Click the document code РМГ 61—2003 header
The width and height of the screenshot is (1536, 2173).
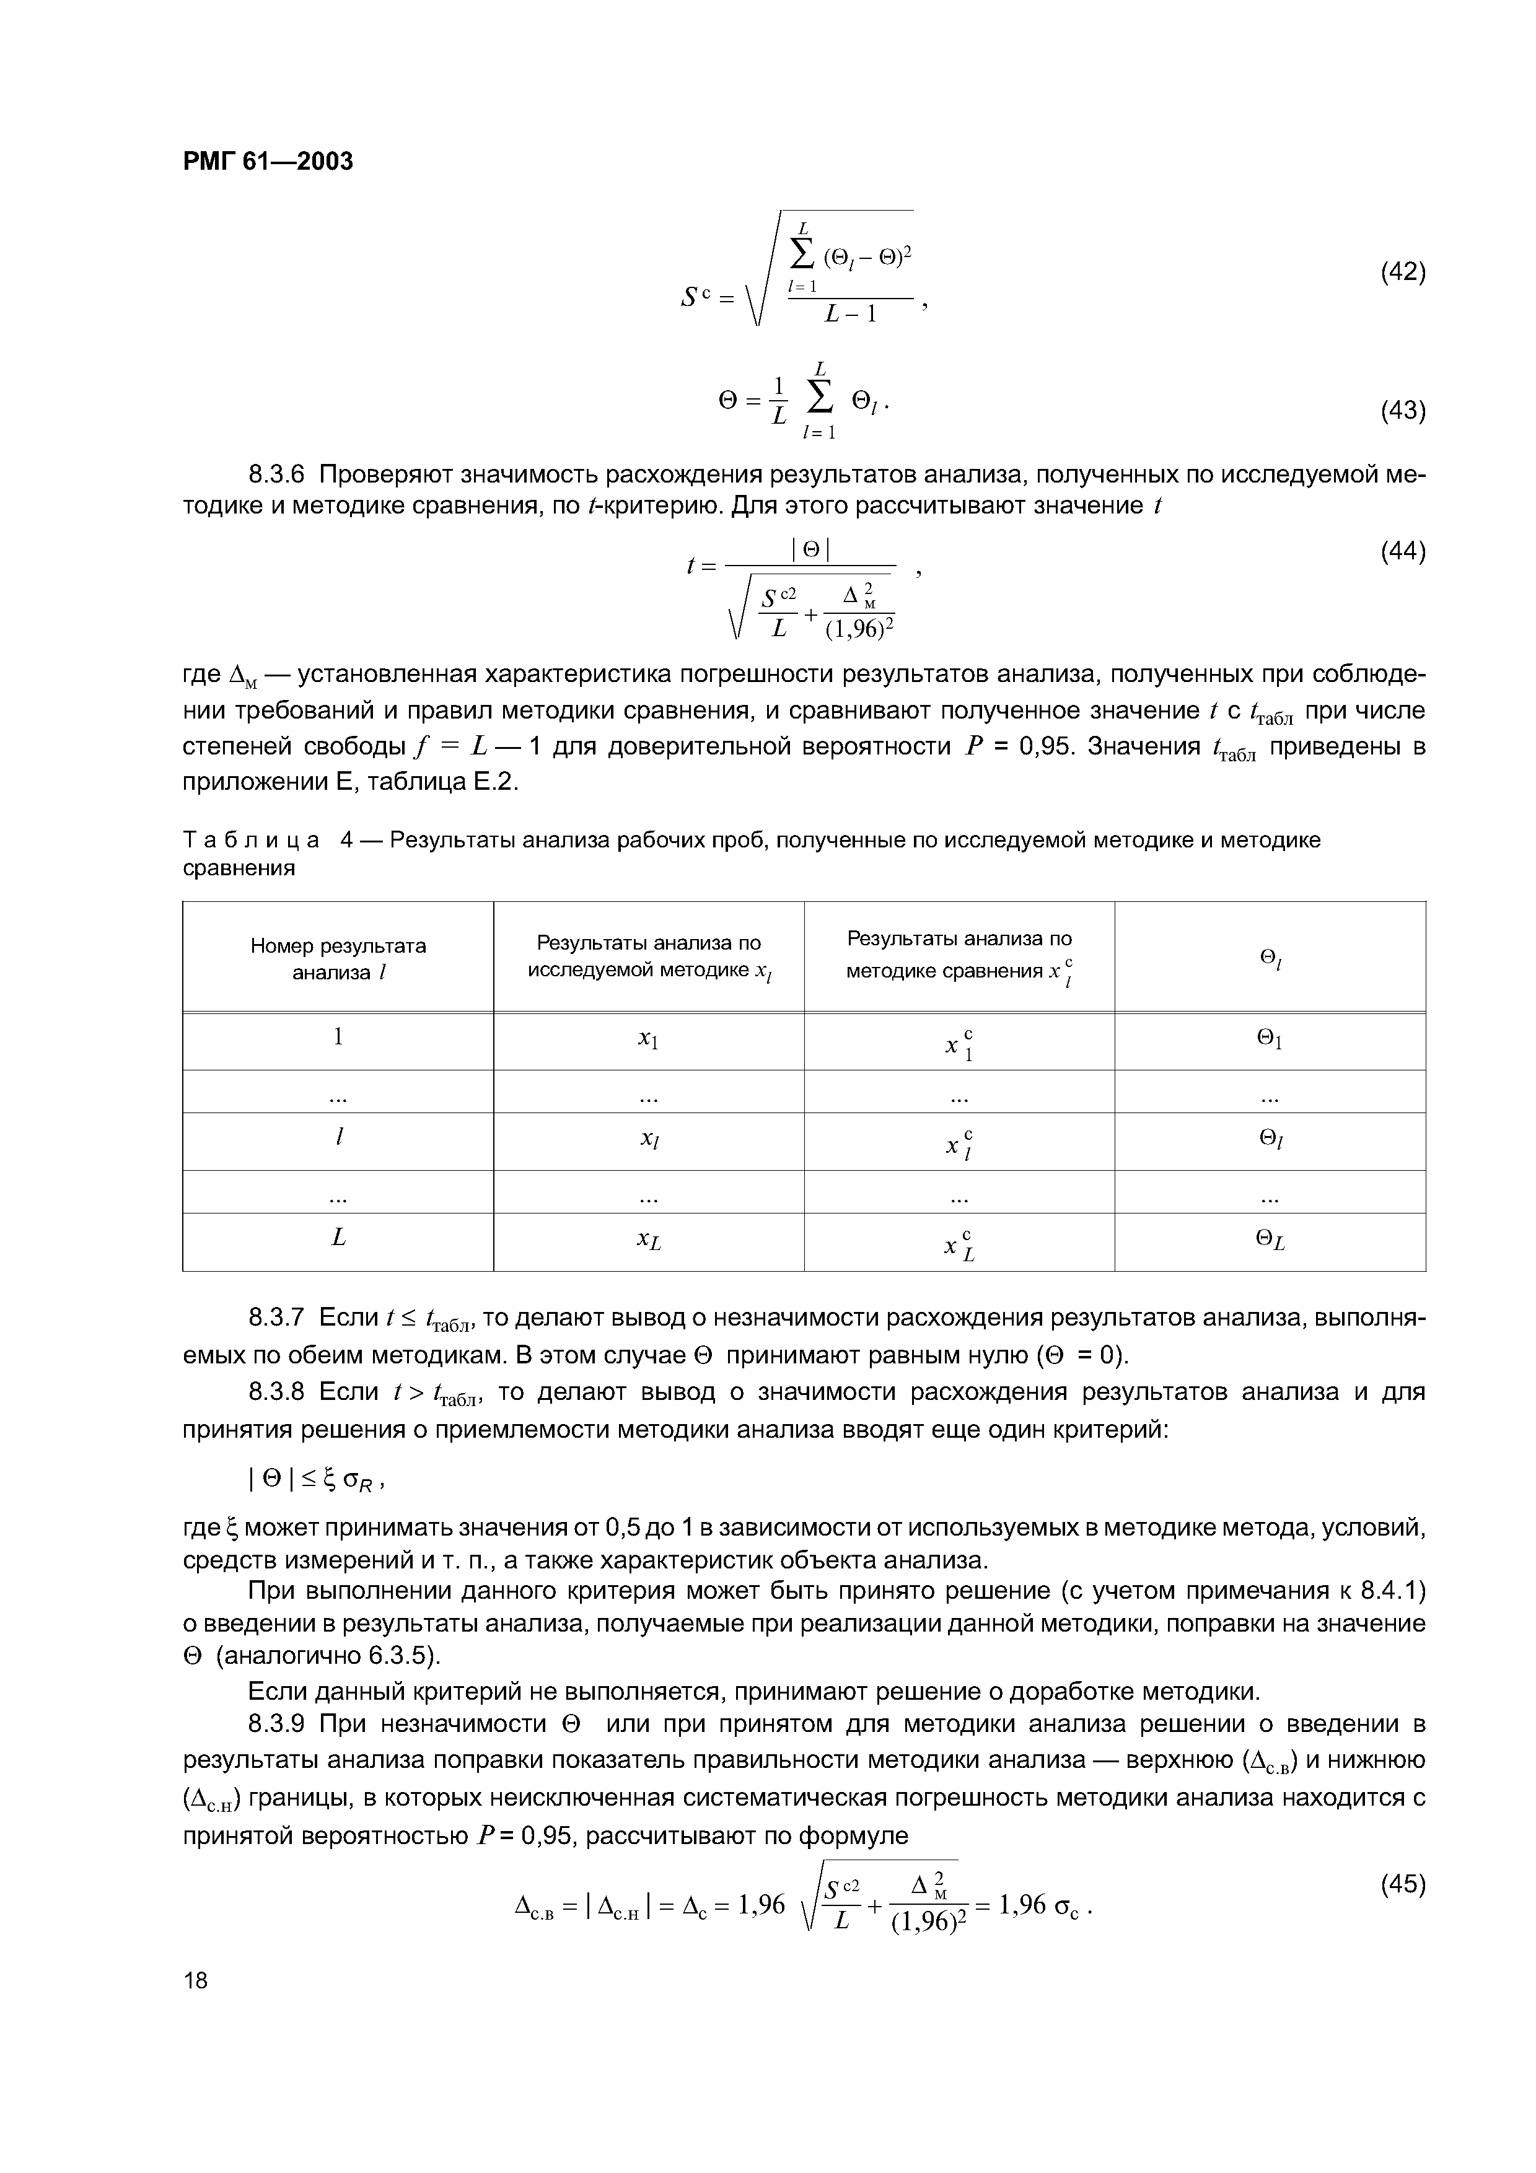pos(267,162)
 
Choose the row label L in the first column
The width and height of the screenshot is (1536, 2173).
pos(338,1238)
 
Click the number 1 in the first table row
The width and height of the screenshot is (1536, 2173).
pos(338,1038)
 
